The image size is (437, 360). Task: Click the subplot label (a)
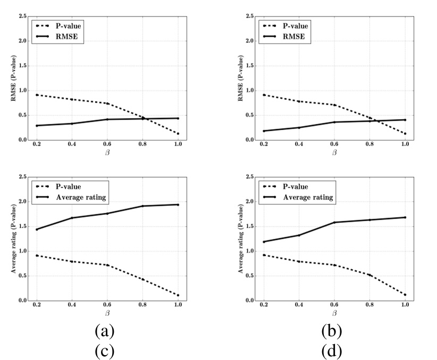105,332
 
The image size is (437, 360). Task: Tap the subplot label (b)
332,332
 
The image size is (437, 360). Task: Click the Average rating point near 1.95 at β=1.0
178,205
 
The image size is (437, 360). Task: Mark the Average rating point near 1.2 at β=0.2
264,242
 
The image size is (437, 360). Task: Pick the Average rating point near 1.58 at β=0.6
334,222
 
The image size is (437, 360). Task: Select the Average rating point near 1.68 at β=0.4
72,218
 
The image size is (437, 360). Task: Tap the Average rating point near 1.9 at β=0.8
142,206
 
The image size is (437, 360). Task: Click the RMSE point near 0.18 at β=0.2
264,131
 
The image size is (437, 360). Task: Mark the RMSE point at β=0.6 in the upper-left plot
107,119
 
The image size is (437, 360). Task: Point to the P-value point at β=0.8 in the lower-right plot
369,275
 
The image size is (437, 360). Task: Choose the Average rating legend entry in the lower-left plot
77,197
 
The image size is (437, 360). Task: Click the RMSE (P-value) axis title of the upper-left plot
14,79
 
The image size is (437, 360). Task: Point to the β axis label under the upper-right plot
334,153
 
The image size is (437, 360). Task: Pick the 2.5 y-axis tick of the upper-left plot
23,16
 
